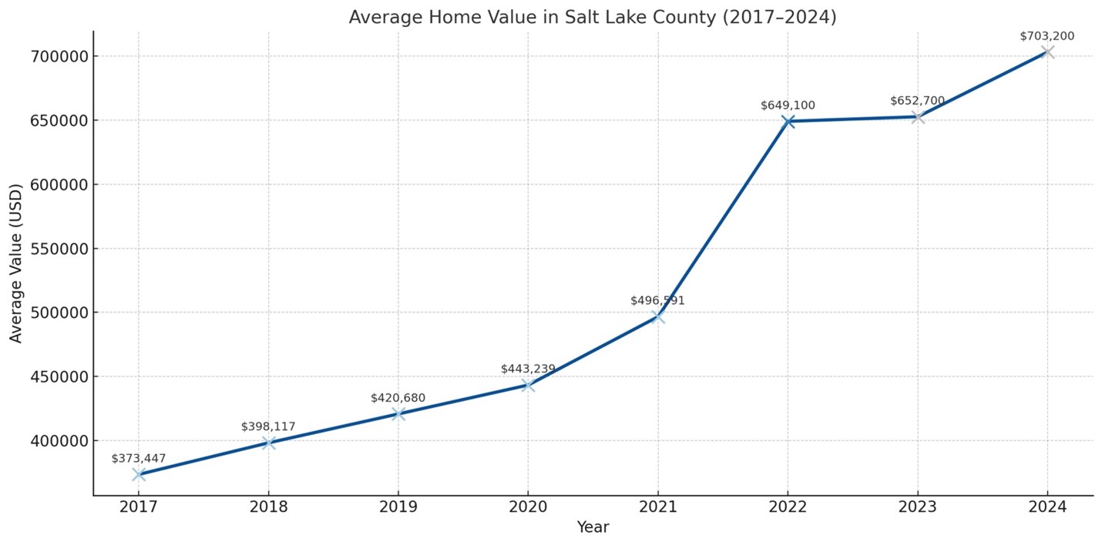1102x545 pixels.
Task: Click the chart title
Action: pos(592,17)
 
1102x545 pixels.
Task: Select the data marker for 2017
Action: pos(139,474)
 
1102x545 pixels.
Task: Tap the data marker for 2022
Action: pos(788,121)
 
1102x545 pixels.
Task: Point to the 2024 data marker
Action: pos(1047,52)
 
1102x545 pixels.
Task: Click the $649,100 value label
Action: pos(788,105)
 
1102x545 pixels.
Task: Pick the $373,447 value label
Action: pos(139,459)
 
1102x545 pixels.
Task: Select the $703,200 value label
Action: pos(1047,36)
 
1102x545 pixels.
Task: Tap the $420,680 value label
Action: pos(398,398)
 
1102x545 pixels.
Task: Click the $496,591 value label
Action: pos(657,301)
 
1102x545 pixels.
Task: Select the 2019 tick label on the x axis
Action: pos(398,507)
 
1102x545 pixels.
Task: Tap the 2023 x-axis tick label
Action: pos(917,507)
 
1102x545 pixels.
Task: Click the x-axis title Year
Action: pos(593,527)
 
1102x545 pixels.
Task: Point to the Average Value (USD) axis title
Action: pos(16,264)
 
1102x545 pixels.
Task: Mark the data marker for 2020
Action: pos(528,384)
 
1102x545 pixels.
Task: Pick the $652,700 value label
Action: pos(917,101)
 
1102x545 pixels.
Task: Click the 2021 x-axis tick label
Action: pos(657,507)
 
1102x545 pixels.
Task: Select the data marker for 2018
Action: pos(268,443)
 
